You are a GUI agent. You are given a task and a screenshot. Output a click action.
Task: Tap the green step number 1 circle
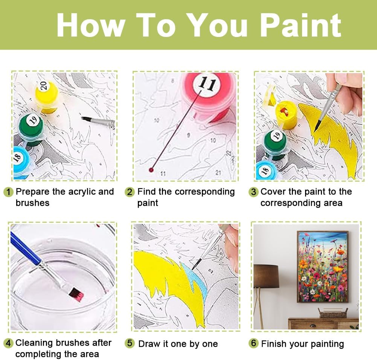(8, 192)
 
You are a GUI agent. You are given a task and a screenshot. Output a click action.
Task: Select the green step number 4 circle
(8, 343)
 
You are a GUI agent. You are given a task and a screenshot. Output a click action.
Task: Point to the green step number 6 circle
(253, 343)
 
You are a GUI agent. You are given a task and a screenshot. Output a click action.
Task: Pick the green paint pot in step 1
(32, 129)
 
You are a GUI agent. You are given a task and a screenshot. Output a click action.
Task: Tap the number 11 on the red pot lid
(207, 83)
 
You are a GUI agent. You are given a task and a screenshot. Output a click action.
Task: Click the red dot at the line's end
(151, 170)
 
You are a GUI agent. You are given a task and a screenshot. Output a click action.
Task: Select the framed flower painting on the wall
(323, 267)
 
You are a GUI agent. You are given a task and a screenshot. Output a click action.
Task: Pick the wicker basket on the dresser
(333, 313)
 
